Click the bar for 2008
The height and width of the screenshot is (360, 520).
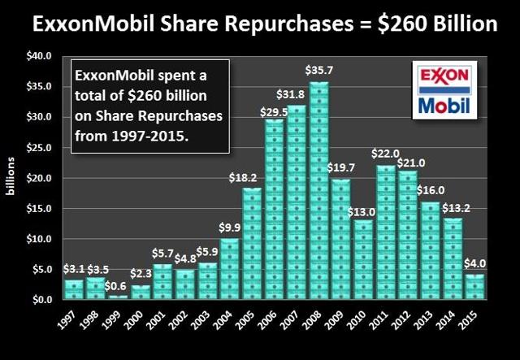[318, 191]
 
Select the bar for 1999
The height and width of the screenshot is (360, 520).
[119, 297]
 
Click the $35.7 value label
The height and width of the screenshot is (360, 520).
[318, 72]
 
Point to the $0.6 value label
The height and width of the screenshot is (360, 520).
[119, 286]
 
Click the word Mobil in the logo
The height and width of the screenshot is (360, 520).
[443, 106]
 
